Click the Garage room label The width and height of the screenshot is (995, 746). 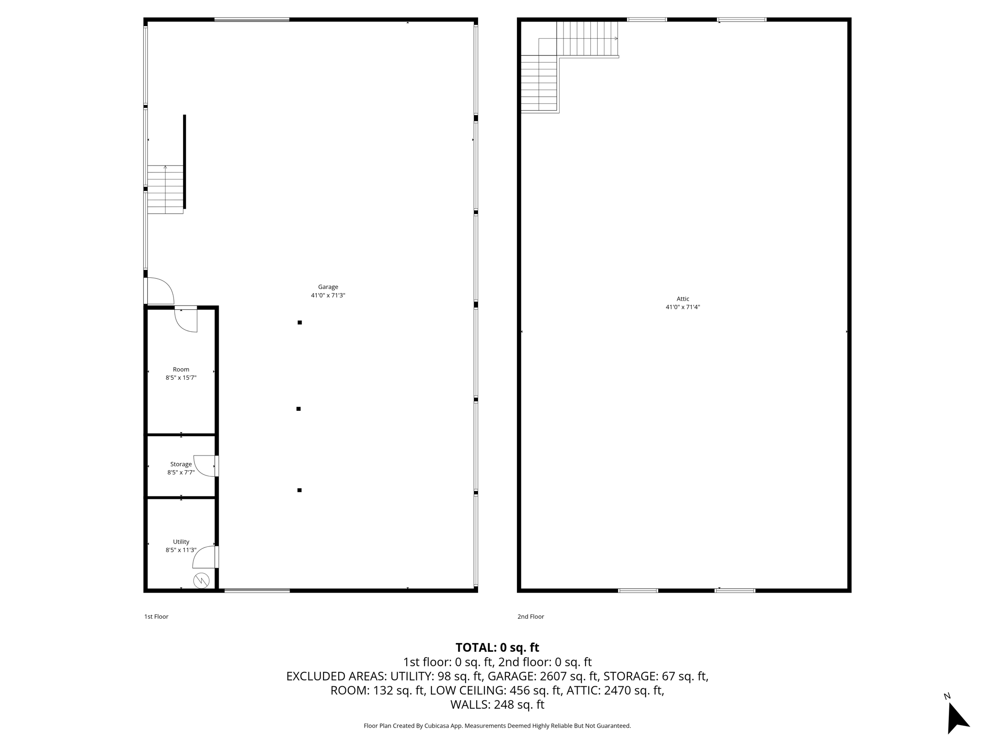(x=328, y=287)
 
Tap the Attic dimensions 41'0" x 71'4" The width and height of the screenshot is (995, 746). (x=683, y=307)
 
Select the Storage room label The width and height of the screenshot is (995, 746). (x=181, y=464)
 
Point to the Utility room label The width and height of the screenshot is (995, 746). (x=181, y=542)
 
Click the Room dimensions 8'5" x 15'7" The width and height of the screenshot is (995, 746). (x=181, y=377)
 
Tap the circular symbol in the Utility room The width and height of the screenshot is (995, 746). (x=201, y=580)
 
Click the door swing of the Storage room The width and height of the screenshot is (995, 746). (x=204, y=465)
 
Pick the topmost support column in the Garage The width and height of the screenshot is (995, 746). (x=300, y=322)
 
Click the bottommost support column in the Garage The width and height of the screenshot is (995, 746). (x=299, y=490)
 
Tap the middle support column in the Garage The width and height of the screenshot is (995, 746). (x=298, y=409)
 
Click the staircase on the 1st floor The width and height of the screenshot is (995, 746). (x=165, y=189)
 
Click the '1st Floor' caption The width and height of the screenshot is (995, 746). (x=156, y=617)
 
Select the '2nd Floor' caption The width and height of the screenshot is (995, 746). (x=531, y=617)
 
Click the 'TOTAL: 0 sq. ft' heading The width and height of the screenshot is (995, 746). (x=497, y=647)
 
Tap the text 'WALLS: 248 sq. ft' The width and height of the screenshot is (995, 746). (x=497, y=705)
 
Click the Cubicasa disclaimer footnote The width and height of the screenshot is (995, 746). (x=497, y=726)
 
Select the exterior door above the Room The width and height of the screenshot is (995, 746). (x=159, y=291)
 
